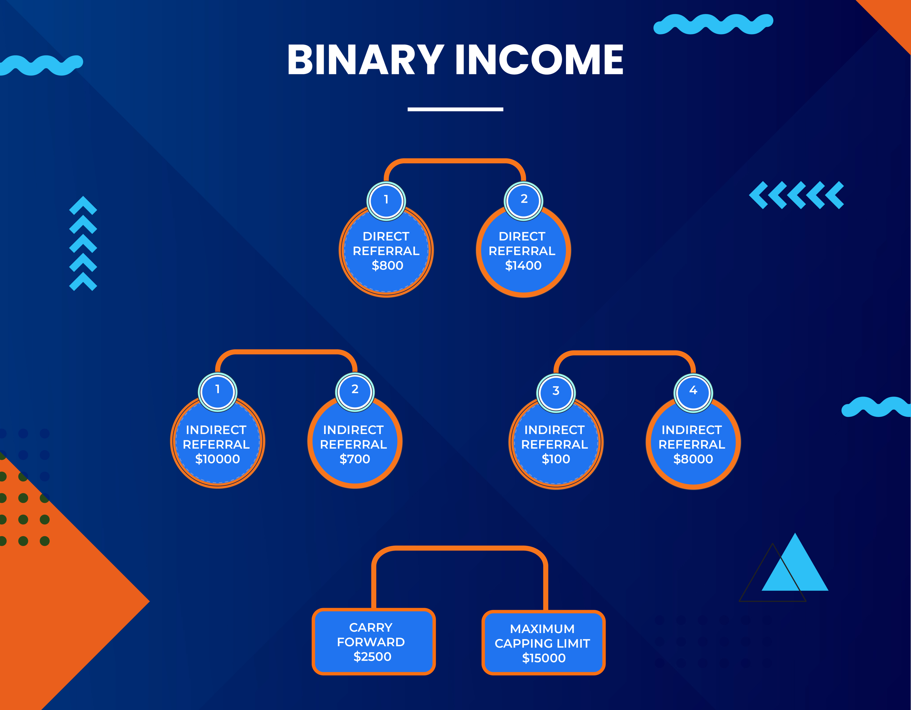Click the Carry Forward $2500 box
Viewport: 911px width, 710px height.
point(374,641)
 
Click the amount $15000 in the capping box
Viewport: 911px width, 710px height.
point(544,658)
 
